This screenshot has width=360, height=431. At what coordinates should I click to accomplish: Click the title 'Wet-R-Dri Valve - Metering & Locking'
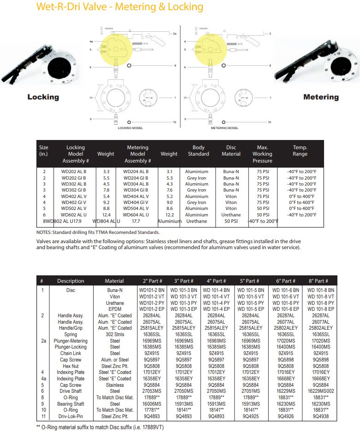pos(119,7)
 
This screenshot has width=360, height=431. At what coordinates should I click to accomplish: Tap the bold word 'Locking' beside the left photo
pos(43,97)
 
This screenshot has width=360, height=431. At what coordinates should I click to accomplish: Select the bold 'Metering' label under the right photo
pos(321,97)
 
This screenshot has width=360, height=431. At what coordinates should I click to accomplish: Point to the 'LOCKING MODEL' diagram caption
pos(131,128)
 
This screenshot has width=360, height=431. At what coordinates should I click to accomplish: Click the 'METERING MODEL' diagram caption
pos(224,128)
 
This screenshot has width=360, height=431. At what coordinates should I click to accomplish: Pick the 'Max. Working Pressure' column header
pos(262,154)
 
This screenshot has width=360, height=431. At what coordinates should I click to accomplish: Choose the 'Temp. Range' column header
pos(300,151)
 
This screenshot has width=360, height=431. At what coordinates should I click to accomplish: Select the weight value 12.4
pos(106,215)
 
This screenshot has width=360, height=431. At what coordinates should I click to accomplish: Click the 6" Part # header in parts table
pos(286,281)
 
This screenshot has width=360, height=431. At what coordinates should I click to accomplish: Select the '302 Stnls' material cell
pos(115,334)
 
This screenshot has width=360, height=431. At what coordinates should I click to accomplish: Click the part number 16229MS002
pos(318,391)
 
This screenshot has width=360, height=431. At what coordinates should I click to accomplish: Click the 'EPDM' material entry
pos(115,309)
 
